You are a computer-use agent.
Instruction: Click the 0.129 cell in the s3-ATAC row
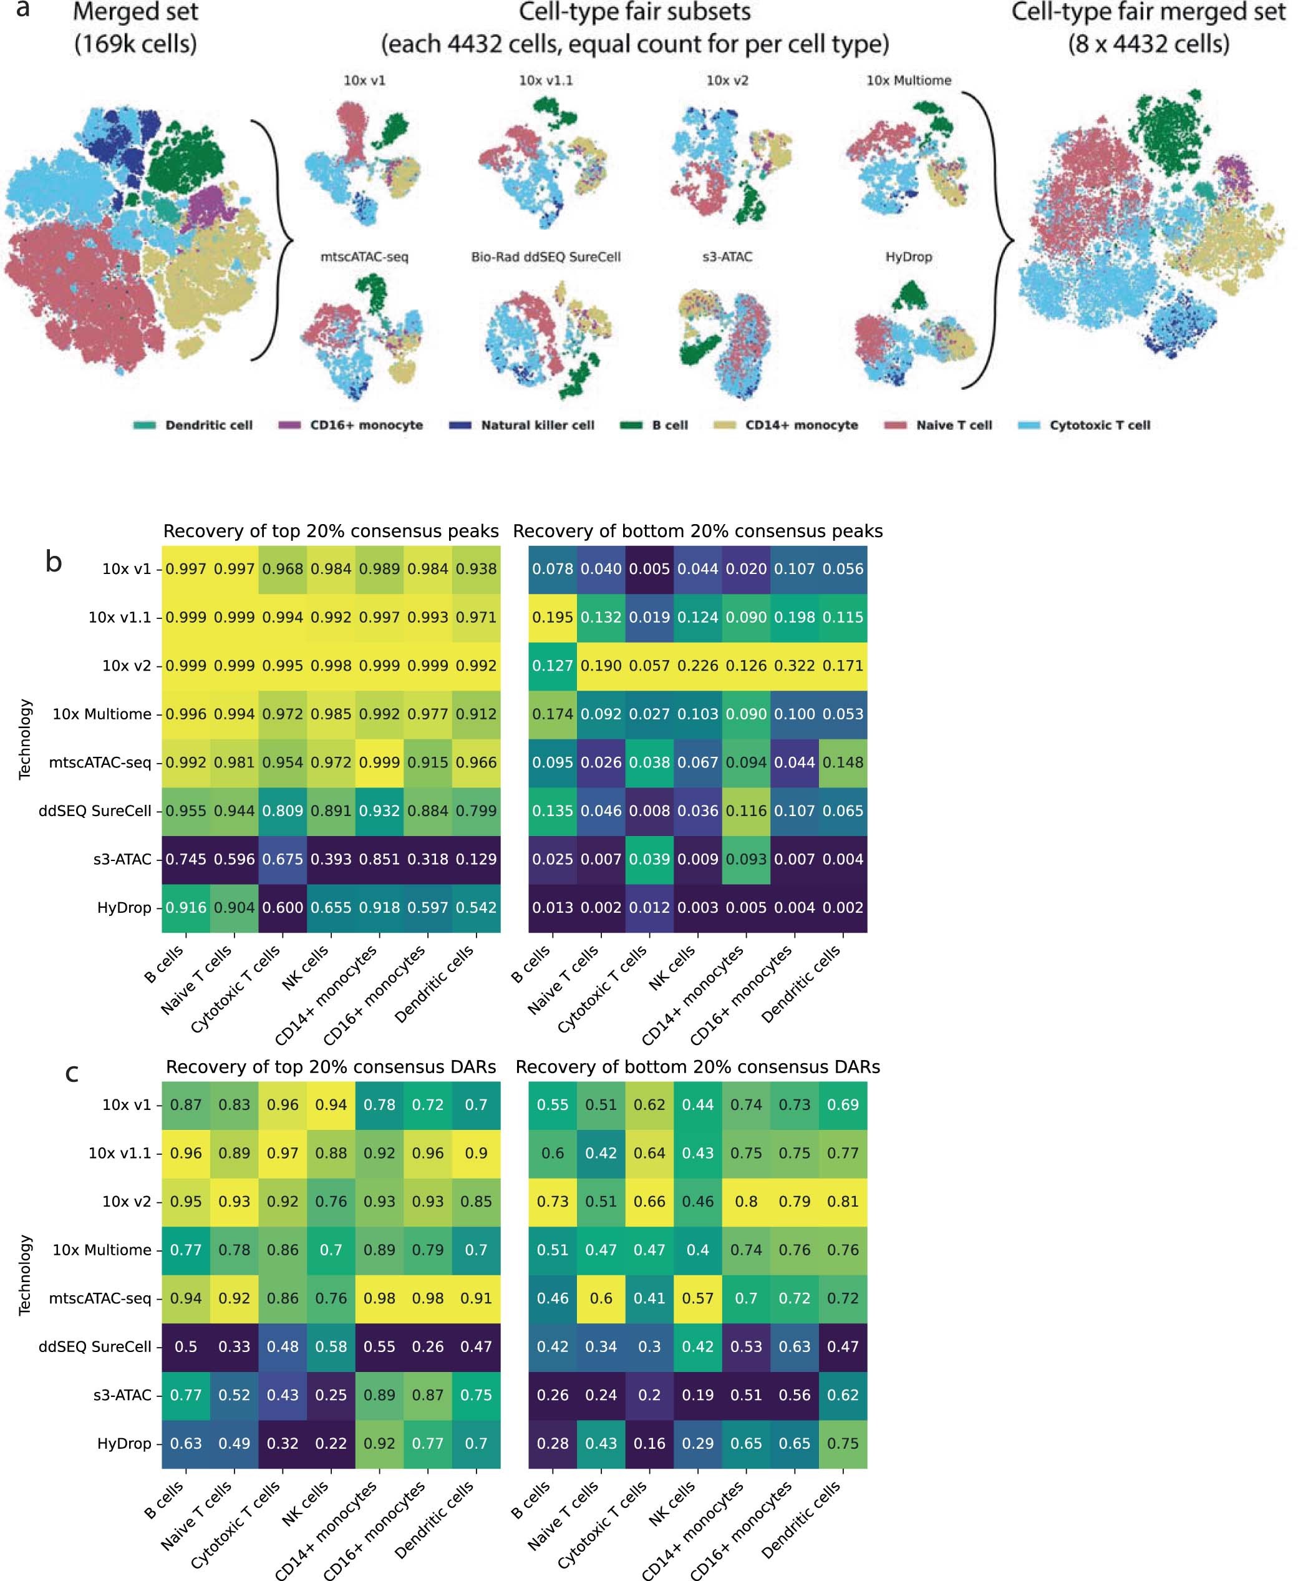(x=477, y=859)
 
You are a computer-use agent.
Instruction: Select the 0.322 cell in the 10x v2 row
(x=794, y=666)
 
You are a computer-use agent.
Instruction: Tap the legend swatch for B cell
(x=631, y=426)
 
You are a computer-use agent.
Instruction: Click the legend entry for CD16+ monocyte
(x=366, y=426)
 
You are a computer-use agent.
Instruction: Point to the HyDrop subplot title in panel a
(x=908, y=257)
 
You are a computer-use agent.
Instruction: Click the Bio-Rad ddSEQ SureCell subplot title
(x=546, y=257)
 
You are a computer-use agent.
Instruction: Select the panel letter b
(x=53, y=562)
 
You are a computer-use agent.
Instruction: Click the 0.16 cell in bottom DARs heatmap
(x=649, y=1443)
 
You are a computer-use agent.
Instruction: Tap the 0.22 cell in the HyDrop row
(x=331, y=1443)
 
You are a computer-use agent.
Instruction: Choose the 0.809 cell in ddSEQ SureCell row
(x=283, y=810)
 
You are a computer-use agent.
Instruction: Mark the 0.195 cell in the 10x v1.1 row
(x=553, y=618)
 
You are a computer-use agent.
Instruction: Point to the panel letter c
(x=72, y=1073)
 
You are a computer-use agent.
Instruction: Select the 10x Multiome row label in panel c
(x=102, y=1250)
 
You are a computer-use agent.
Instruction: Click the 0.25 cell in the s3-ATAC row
(x=331, y=1395)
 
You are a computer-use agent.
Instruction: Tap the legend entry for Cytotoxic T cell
(x=1099, y=426)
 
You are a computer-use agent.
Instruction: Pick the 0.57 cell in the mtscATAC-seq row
(x=697, y=1298)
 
